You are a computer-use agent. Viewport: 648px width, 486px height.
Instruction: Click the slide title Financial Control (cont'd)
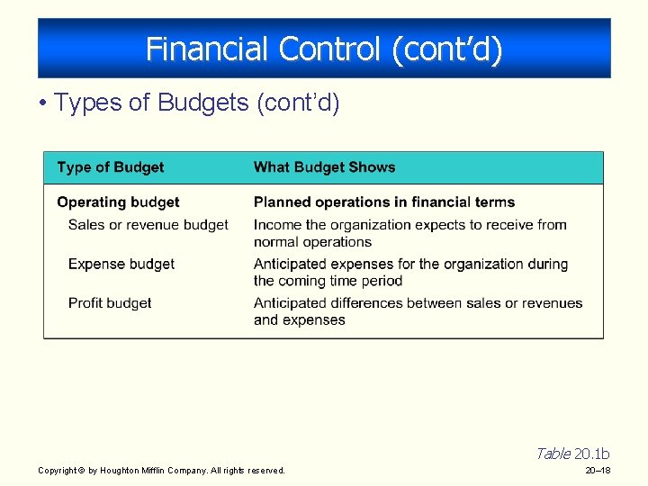pos(324,49)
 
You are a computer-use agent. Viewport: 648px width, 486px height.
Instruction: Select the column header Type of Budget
pos(110,167)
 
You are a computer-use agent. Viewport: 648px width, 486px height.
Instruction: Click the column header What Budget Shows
pos(324,167)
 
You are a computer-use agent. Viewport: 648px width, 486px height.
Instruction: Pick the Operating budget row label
pos(118,202)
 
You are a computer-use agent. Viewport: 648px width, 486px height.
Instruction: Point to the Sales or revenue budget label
pos(148,225)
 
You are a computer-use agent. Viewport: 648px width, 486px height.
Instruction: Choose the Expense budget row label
pos(121,265)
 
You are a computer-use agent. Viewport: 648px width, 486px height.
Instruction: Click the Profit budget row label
pos(110,303)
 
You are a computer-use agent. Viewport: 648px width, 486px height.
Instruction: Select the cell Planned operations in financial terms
pos(384,202)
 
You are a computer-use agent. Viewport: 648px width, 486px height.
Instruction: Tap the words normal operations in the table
pos(312,242)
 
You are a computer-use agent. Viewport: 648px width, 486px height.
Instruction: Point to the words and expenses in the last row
pos(299,320)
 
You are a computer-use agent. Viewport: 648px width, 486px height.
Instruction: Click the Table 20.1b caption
pos(572,454)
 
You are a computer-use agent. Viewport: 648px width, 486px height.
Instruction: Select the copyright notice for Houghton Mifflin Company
pos(161,471)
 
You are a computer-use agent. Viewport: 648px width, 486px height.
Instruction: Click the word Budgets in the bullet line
pos(203,103)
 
